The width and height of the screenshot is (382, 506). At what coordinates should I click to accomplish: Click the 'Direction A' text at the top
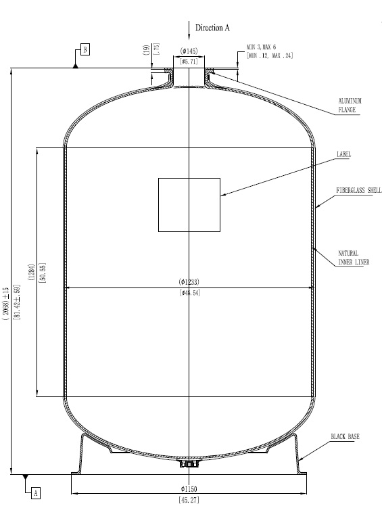pyautogui.click(x=213, y=28)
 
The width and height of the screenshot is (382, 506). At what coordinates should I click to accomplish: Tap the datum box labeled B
pyautogui.click(x=85, y=49)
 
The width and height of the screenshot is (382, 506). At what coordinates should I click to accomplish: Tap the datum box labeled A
pyautogui.click(x=35, y=493)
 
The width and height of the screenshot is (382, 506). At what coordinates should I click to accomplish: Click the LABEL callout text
pyautogui.click(x=343, y=154)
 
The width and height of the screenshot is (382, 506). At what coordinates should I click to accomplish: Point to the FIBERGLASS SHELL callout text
pyautogui.click(x=359, y=191)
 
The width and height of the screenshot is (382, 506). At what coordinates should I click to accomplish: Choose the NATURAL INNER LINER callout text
pyautogui.click(x=354, y=258)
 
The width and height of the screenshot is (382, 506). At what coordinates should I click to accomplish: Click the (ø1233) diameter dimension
pyautogui.click(x=189, y=281)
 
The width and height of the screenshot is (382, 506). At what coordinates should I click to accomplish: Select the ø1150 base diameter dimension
pyautogui.click(x=189, y=488)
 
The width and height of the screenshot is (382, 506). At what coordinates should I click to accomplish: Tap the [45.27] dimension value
pyautogui.click(x=189, y=500)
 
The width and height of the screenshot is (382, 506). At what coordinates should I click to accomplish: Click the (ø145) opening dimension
pyautogui.click(x=189, y=51)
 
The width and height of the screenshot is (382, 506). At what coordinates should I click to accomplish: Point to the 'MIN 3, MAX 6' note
pyautogui.click(x=261, y=47)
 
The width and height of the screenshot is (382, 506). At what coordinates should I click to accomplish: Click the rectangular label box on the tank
pyautogui.click(x=189, y=204)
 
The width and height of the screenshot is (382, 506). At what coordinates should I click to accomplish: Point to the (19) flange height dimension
pyautogui.click(x=146, y=49)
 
